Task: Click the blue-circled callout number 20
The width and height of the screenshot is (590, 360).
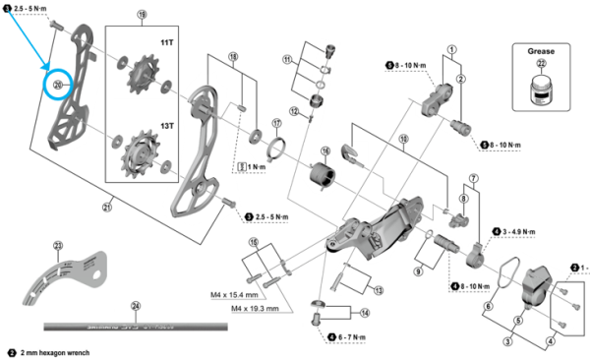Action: [58, 86]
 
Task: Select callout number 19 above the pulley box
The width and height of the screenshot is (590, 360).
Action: [143, 16]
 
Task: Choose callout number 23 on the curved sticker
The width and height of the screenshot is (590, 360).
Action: [57, 246]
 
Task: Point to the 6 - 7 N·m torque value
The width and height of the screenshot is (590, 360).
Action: [347, 337]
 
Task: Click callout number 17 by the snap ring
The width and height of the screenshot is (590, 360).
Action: [277, 123]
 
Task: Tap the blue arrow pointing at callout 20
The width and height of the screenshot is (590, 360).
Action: [29, 44]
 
